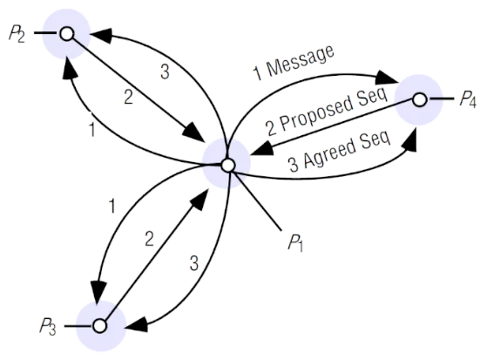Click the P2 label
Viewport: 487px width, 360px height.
[17, 34]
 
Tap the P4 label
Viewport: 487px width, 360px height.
[468, 99]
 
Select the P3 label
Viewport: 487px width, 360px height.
[48, 327]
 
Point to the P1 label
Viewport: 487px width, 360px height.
[295, 242]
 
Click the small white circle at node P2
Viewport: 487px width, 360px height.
[67, 34]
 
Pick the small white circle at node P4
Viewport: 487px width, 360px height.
[420, 99]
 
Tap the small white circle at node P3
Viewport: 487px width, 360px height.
[100, 326]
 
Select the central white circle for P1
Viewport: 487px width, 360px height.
[228, 165]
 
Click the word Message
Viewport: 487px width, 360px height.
[301, 61]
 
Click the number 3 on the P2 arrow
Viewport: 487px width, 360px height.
[165, 71]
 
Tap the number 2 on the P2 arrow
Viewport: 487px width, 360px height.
[129, 97]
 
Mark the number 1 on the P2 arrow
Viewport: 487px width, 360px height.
[92, 129]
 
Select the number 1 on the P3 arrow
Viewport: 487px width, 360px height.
[112, 206]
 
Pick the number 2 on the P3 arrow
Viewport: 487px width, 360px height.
[149, 240]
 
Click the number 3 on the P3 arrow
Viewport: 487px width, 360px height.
[194, 263]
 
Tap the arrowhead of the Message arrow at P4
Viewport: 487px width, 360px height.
[387, 78]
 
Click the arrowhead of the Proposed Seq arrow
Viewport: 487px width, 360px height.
[263, 148]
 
